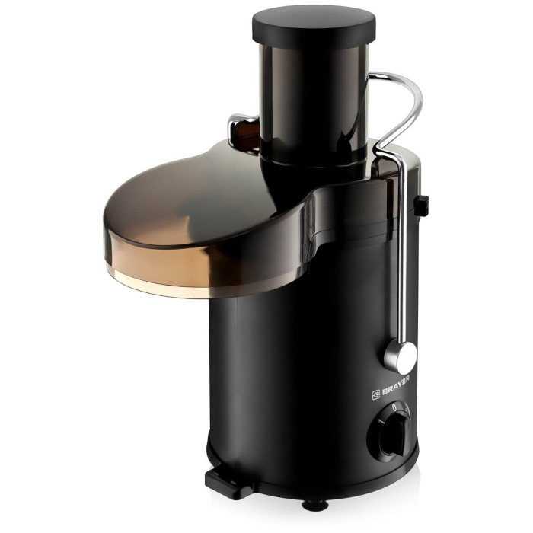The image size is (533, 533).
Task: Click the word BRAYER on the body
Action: [x=396, y=386]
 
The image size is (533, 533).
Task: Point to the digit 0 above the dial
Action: [x=394, y=407]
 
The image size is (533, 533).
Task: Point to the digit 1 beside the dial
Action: [x=381, y=422]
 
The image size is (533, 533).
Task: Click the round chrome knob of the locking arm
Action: [x=401, y=357]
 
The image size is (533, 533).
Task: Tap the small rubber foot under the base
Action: [x=315, y=506]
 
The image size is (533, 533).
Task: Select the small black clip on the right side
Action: [x=421, y=206]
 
